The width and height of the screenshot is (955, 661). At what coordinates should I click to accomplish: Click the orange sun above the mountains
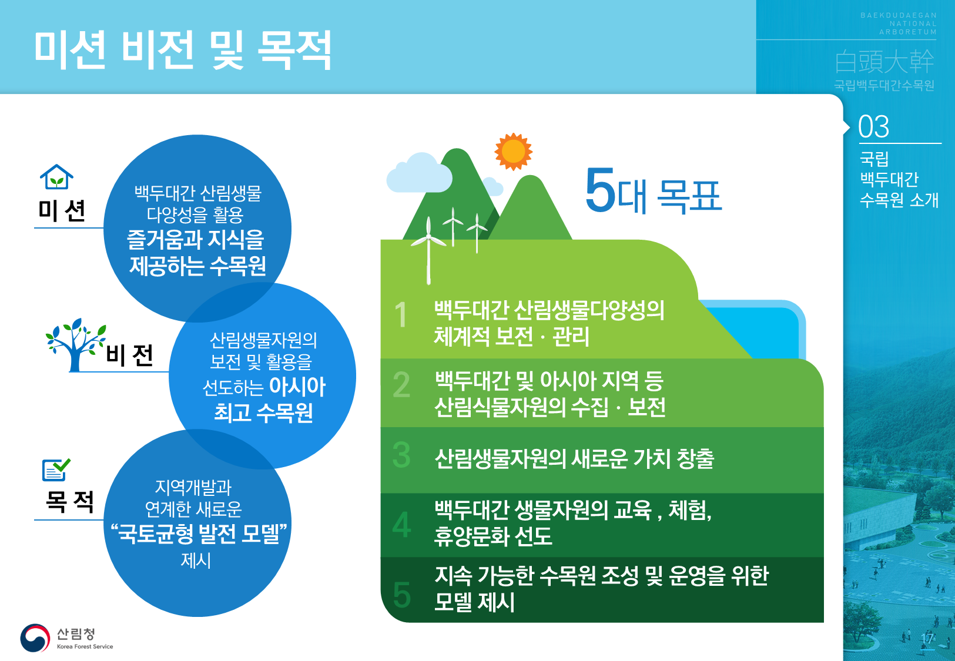[x=513, y=151]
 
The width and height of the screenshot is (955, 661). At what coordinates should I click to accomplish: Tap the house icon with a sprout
[x=56, y=176]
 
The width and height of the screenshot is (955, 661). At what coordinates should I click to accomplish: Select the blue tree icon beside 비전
[x=75, y=344]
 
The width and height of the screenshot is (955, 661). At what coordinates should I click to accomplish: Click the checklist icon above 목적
[x=56, y=469]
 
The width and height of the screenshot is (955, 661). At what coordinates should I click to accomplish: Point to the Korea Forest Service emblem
[x=35, y=637]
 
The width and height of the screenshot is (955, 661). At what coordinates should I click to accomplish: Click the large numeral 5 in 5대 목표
[x=600, y=190]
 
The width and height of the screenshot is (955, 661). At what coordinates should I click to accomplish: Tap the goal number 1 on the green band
[x=401, y=314]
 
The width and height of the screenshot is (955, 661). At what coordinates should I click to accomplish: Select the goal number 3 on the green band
[x=401, y=455]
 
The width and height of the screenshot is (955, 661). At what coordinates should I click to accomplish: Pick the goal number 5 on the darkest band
[x=401, y=594]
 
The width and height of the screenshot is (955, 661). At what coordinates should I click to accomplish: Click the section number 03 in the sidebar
[x=873, y=126]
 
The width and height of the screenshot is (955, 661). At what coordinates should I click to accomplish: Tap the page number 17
[x=927, y=639]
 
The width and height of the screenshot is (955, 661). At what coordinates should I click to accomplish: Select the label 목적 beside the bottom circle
[x=69, y=501]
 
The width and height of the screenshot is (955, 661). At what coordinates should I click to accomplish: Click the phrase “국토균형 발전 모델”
[x=199, y=533]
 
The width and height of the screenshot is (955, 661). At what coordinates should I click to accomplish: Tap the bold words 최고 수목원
[x=263, y=412]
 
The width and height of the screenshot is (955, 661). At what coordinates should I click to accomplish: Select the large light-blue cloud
[x=418, y=173]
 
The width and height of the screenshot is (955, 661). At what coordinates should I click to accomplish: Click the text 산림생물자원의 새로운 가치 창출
[x=574, y=458]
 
